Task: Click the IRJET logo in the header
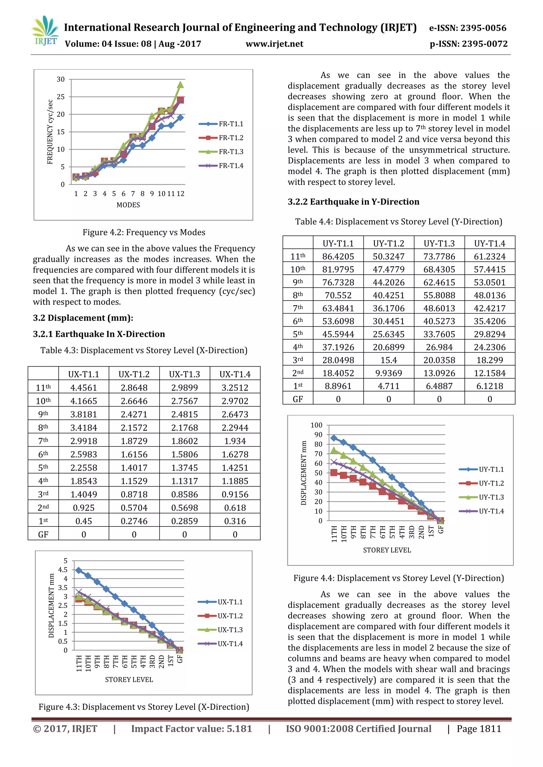45,31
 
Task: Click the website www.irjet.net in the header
274,44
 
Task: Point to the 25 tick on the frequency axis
60,97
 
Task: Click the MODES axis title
128,205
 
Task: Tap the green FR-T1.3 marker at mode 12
180,85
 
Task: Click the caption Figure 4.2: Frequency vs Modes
144,232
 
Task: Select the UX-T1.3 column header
184,374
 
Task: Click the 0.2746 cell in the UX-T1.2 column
134,521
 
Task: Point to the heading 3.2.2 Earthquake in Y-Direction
353,202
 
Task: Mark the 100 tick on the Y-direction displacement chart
316,425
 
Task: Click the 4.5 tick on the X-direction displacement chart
63,570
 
